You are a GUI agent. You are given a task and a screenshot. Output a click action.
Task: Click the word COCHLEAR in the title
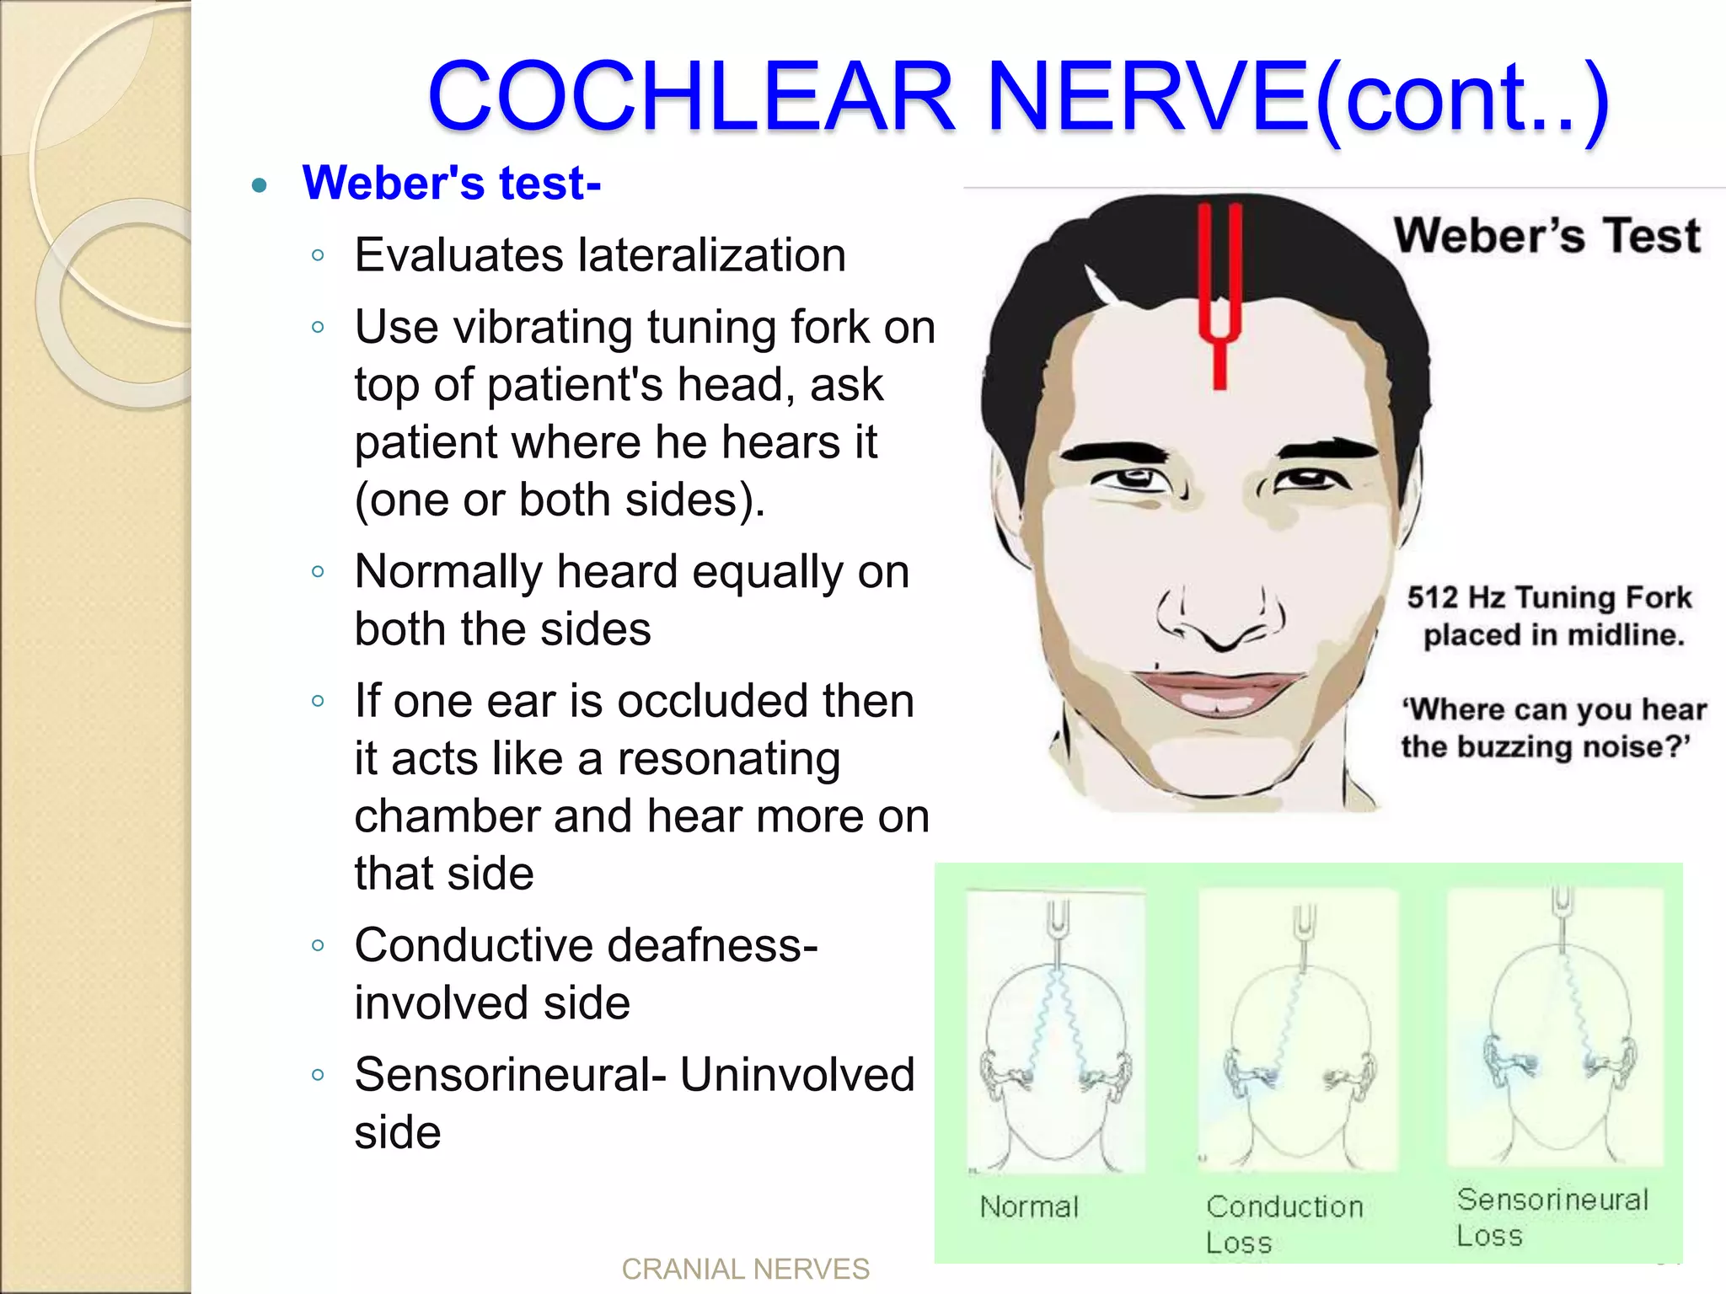coord(691,96)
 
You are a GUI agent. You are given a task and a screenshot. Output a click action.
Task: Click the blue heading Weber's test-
coord(452,183)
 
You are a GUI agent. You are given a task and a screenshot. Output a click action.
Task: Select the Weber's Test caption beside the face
coord(1547,235)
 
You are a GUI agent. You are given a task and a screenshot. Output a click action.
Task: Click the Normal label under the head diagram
coord(1029,1207)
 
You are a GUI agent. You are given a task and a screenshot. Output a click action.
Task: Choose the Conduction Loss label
coord(1284,1224)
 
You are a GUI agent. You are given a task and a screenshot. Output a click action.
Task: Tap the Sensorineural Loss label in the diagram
coord(1552,1216)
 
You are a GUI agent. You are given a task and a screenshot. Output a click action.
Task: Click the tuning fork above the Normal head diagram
coord(1057,927)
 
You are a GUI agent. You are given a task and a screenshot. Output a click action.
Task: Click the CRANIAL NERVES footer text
coord(745,1269)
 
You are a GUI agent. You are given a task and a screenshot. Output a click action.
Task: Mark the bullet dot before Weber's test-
coord(260,185)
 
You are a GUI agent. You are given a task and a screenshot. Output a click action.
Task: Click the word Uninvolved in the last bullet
coord(796,1074)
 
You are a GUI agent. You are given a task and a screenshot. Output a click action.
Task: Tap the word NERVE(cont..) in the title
coord(1298,96)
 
